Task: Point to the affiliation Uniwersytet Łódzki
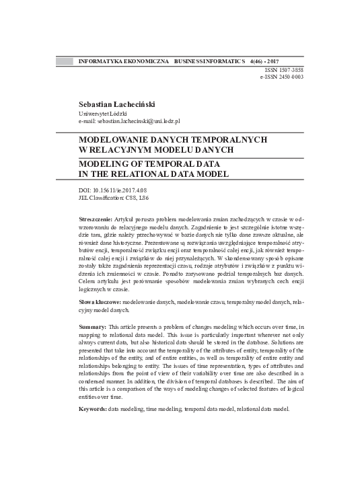click(104, 113)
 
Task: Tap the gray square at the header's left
click(64, 61)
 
